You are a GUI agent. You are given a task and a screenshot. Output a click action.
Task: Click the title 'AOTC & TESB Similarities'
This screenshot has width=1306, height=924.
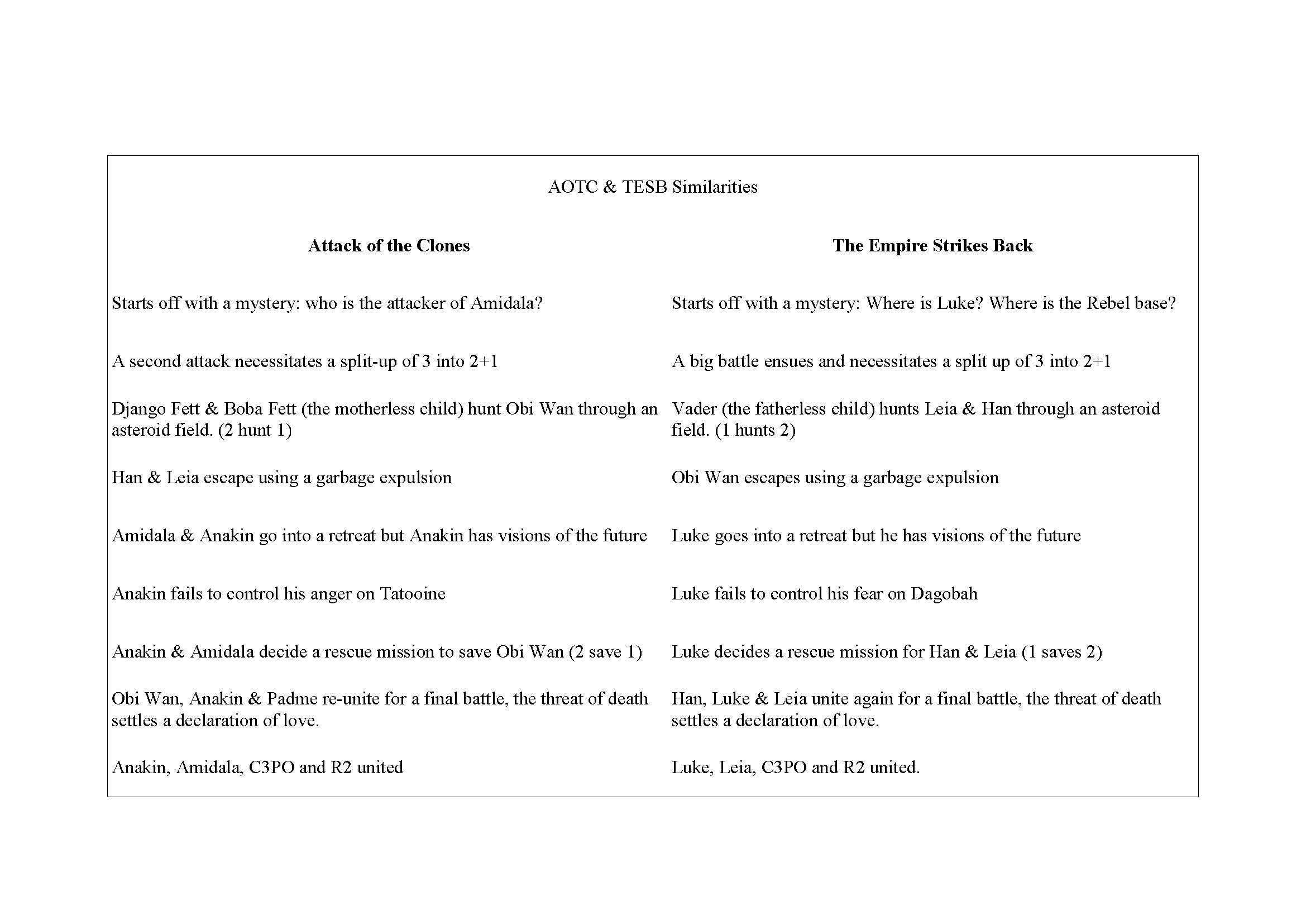pos(652,187)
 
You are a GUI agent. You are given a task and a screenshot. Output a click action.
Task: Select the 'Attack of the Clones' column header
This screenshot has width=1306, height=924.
pos(389,246)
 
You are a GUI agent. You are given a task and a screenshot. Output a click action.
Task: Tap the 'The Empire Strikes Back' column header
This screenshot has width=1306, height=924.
pos(932,246)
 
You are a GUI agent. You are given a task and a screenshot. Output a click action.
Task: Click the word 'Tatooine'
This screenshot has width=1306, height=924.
pos(413,594)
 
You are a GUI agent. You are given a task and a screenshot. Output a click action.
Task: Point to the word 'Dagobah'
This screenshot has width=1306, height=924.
pos(944,594)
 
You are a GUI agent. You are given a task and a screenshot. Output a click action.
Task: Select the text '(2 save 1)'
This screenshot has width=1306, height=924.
pos(605,652)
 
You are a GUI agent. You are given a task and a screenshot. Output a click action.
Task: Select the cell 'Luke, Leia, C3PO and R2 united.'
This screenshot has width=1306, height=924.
pos(795,768)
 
